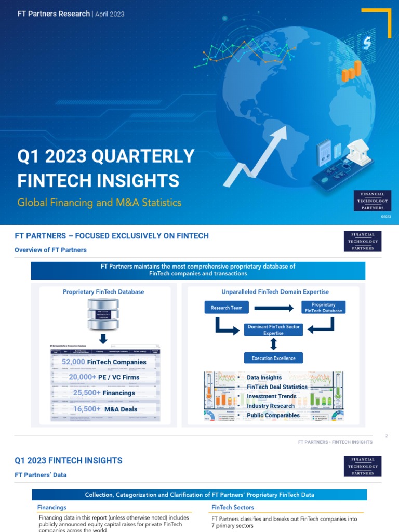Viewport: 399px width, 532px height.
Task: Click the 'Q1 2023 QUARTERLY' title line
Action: (x=106, y=156)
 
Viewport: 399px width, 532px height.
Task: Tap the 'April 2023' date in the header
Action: (x=109, y=14)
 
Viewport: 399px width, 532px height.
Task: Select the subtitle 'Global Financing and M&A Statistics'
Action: (x=99, y=202)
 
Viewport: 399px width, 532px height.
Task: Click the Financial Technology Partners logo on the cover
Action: (x=373, y=201)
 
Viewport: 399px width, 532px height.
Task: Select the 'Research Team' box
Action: (x=226, y=308)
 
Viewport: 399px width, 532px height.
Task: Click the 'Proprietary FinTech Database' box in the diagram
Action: (x=323, y=308)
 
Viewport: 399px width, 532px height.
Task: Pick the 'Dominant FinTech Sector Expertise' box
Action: (x=273, y=330)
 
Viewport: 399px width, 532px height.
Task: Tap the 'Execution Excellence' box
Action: (x=273, y=358)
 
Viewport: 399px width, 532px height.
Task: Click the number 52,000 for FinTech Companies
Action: (x=73, y=362)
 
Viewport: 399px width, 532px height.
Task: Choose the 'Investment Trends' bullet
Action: (x=271, y=396)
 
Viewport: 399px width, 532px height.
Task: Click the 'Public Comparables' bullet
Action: (x=273, y=415)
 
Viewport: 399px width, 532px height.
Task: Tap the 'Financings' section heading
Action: (x=52, y=507)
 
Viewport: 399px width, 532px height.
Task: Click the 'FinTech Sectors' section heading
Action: (x=233, y=507)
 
